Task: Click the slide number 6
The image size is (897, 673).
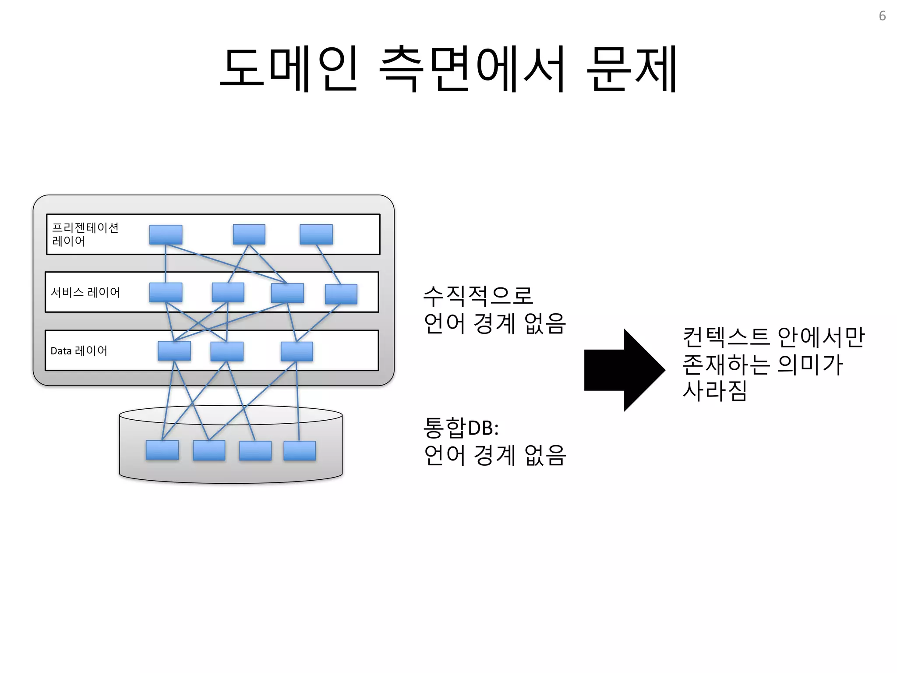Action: click(x=882, y=16)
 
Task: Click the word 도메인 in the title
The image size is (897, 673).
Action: click(x=289, y=69)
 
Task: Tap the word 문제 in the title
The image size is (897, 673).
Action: click(x=632, y=69)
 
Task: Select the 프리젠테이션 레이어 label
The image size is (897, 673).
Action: click(x=85, y=234)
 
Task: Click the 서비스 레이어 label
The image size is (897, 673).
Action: click(x=85, y=292)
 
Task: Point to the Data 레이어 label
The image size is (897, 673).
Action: click(x=79, y=351)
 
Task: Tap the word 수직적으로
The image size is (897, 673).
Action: click(x=478, y=296)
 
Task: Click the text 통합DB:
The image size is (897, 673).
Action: click(x=461, y=428)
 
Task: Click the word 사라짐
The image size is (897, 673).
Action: click(x=715, y=390)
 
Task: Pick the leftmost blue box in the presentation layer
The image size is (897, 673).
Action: click(x=166, y=234)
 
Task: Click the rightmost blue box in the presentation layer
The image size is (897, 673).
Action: click(x=316, y=234)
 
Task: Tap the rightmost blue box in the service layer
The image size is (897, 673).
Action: click(x=341, y=294)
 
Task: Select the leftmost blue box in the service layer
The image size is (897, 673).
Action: click(x=166, y=292)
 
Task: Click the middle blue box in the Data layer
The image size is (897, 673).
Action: click(x=226, y=351)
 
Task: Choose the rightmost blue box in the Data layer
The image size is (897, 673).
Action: click(x=297, y=351)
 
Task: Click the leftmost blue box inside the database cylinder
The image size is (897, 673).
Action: click(x=162, y=450)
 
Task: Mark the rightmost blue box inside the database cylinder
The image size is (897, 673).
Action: click(x=300, y=450)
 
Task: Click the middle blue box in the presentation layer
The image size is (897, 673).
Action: click(x=249, y=234)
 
